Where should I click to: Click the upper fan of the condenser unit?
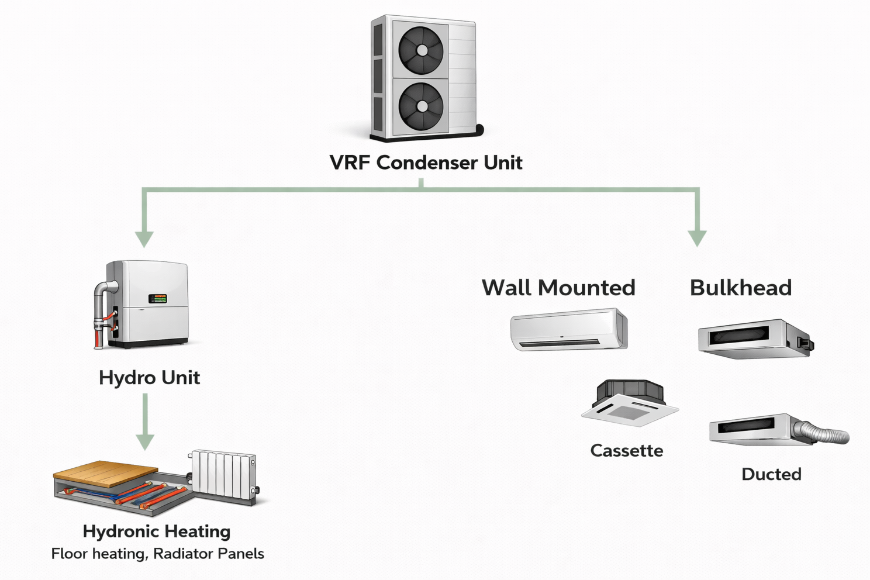[x=421, y=50]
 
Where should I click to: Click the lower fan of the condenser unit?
[x=421, y=106]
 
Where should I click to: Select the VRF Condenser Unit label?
[x=426, y=163]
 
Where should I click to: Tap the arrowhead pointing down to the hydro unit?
[x=144, y=239]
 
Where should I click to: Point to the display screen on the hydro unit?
[x=157, y=298]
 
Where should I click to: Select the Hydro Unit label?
[x=149, y=378]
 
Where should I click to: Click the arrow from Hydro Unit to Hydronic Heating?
[x=145, y=421]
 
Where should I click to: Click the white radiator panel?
[x=223, y=474]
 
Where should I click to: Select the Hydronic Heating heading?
[x=157, y=531]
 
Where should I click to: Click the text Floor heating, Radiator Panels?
[x=157, y=554]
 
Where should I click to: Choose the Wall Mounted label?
[x=558, y=288]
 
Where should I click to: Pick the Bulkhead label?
[x=741, y=288]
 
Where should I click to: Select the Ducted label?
[x=771, y=474]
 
